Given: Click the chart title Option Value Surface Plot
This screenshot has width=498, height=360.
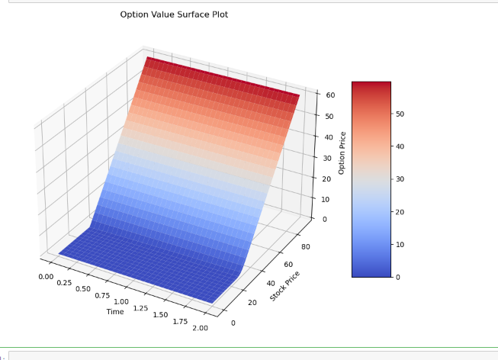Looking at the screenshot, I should tap(174, 14).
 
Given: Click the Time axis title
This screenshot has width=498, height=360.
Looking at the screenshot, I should tap(115, 311).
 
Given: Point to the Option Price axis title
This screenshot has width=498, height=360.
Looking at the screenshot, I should tap(342, 153).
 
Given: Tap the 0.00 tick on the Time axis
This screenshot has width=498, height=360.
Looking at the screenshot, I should tap(45, 276).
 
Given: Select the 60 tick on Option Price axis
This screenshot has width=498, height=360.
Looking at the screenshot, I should tap(330, 95).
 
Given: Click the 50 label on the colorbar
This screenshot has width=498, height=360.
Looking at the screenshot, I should tap(400, 114).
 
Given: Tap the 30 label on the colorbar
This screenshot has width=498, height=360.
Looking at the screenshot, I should tap(400, 179).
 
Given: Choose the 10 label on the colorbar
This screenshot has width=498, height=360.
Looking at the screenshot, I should tap(400, 244).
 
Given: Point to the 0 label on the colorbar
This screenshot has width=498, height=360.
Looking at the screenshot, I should tap(397, 277).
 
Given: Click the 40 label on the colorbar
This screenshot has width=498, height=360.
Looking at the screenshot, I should tap(400, 146).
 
